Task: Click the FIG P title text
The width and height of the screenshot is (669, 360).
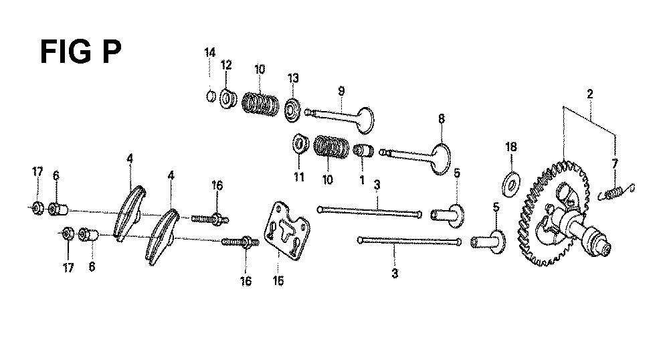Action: [x=81, y=52]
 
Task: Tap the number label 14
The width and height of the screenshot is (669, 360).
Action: [x=209, y=53]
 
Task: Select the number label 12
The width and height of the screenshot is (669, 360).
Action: [x=226, y=65]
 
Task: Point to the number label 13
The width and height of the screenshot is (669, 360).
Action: [x=293, y=78]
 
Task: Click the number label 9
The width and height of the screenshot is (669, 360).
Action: [x=341, y=91]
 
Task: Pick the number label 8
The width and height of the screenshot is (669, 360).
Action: [x=441, y=118]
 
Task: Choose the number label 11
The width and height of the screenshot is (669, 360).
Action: [x=298, y=177]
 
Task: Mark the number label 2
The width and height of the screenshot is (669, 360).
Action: [x=590, y=94]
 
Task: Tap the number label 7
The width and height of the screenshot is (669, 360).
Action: [x=614, y=163]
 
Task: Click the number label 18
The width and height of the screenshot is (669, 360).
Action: [x=510, y=147]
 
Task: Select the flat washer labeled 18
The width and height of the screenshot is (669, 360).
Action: [x=511, y=184]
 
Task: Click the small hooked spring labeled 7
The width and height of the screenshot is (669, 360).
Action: [x=617, y=191]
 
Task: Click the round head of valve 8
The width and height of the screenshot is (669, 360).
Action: [x=442, y=159]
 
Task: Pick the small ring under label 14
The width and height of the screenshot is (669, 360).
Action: [x=209, y=96]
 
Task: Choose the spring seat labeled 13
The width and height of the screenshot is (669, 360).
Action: [x=293, y=110]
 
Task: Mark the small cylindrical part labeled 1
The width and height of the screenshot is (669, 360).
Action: [x=363, y=151]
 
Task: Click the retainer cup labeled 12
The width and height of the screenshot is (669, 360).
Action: [x=228, y=98]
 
